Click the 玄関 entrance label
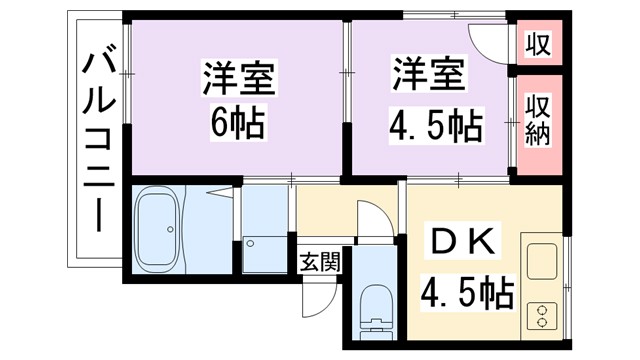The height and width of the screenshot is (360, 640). click(x=319, y=263)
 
